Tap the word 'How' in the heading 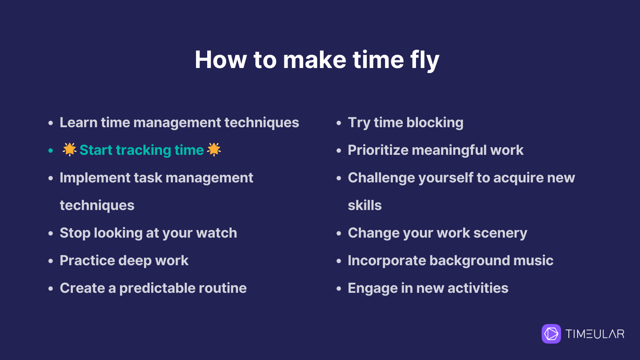[x=220, y=60]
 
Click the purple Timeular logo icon [x=551, y=334]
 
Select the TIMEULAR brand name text [x=595, y=334]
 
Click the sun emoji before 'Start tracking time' [x=70, y=150]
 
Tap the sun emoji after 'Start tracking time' [x=214, y=150]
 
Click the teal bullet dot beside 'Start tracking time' [x=50, y=150]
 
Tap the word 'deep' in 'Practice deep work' [x=135, y=261]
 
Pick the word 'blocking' [x=435, y=123]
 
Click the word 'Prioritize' [x=378, y=150]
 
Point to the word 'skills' [x=364, y=206]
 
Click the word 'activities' [x=478, y=288]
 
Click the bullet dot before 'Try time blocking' [x=339, y=123]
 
